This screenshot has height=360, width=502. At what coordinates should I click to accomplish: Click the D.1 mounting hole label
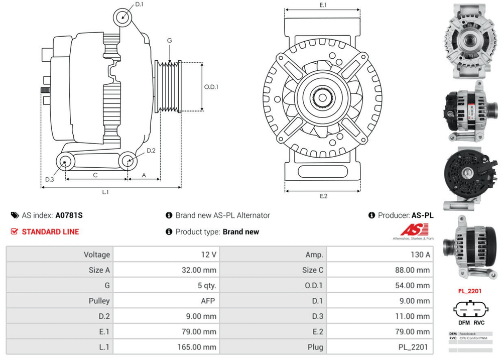click(x=140, y=4)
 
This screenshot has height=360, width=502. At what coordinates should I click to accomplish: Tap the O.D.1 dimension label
click(x=211, y=86)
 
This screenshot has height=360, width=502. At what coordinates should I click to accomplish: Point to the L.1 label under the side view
click(x=105, y=192)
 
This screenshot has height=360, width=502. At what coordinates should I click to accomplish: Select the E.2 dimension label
click(x=323, y=196)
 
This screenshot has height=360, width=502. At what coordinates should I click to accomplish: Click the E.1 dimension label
click(x=323, y=5)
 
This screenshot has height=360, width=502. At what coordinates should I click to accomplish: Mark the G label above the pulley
click(x=170, y=40)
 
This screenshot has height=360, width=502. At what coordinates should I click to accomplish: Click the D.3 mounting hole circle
click(x=64, y=161)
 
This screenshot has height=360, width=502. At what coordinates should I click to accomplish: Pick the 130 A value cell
click(x=420, y=255)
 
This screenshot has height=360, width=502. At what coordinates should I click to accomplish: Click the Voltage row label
click(x=96, y=255)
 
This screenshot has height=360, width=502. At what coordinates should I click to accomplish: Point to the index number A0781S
click(x=69, y=215)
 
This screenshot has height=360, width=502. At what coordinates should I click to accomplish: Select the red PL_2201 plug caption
click(x=470, y=291)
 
